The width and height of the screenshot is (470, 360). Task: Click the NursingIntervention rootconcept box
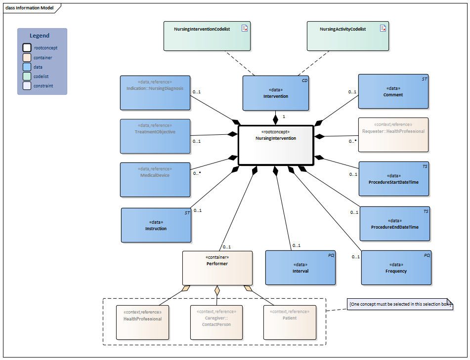click(276, 145)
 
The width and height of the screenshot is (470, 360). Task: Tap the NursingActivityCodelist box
click(347, 36)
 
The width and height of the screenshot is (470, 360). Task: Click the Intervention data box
click(276, 93)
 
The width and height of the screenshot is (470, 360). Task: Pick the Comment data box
click(393, 91)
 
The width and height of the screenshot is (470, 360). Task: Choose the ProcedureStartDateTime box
click(393, 179)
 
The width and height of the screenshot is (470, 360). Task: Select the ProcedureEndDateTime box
click(394, 224)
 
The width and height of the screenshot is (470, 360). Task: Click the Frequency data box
click(396, 268)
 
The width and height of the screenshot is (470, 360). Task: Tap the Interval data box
click(300, 268)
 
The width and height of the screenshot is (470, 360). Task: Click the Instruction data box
click(156, 225)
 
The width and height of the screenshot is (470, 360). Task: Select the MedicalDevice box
click(155, 180)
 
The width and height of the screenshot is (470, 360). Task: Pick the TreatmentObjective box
click(155, 136)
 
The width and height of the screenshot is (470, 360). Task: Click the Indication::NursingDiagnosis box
click(155, 92)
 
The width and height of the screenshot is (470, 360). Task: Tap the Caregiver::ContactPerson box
click(216, 322)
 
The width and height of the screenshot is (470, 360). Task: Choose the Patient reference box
click(290, 322)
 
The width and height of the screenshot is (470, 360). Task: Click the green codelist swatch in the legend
click(27, 76)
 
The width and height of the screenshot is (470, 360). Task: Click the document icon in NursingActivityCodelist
click(383, 28)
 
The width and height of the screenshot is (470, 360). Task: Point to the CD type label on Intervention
click(304, 80)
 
